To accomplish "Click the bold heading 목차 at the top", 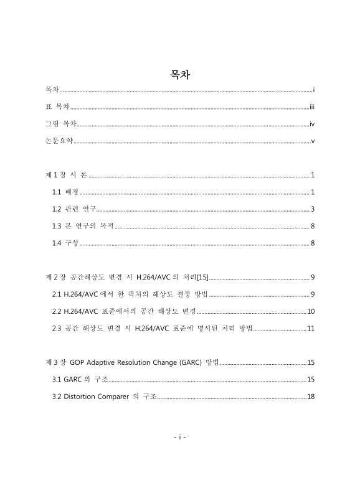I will (179, 75).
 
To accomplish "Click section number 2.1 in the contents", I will (58, 293).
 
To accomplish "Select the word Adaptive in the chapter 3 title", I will (105, 362).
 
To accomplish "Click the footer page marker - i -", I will (179, 436).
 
